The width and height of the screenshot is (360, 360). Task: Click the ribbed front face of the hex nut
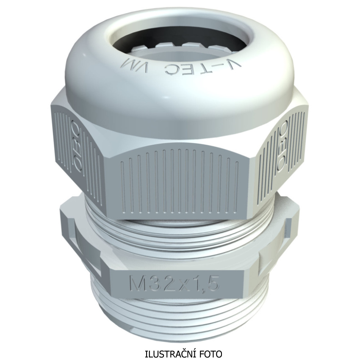click(x=179, y=181)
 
